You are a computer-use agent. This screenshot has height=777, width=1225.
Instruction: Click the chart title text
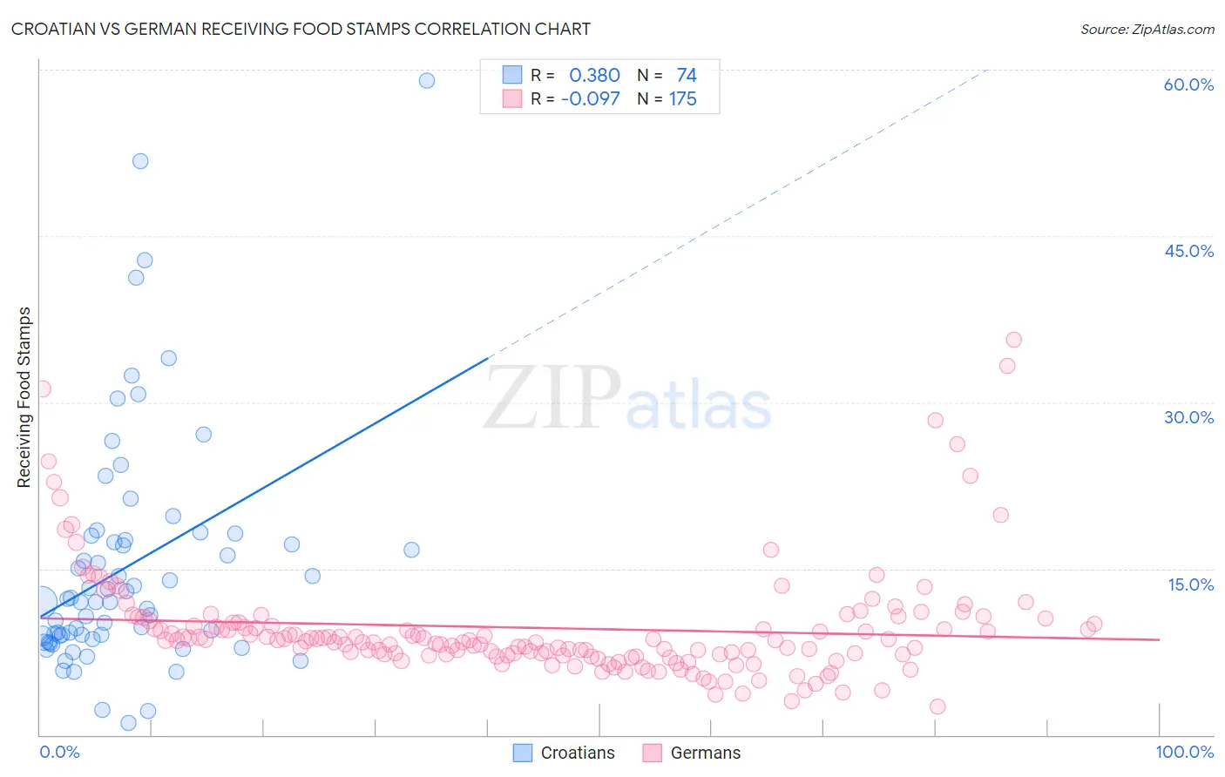(301, 29)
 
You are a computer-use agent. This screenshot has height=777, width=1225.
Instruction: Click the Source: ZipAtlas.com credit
(1147, 29)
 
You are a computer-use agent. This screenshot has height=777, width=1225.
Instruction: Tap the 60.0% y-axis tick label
(1188, 84)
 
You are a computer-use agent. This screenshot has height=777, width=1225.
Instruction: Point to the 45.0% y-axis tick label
(1188, 251)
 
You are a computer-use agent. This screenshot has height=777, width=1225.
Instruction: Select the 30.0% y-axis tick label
(1188, 417)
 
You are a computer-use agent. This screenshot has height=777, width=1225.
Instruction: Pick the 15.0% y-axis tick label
(1190, 584)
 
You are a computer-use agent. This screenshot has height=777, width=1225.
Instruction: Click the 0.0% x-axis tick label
(59, 752)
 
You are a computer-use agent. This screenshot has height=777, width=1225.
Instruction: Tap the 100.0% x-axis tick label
(1184, 752)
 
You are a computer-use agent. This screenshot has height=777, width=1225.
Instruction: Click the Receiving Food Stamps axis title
(24, 397)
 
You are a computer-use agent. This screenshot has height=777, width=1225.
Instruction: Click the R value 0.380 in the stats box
(594, 76)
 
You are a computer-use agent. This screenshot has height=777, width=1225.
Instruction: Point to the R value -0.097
(590, 99)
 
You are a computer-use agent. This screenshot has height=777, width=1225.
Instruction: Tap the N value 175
(682, 99)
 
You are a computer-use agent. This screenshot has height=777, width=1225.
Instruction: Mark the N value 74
(686, 76)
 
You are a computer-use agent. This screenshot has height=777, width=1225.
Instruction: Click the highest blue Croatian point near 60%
(427, 80)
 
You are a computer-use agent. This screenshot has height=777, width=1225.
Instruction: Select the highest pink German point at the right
(1013, 340)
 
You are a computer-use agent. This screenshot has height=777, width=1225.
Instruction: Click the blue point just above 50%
(140, 161)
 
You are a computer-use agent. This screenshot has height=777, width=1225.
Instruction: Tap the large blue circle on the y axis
(42, 602)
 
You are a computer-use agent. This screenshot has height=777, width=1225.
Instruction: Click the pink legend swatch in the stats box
(511, 98)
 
